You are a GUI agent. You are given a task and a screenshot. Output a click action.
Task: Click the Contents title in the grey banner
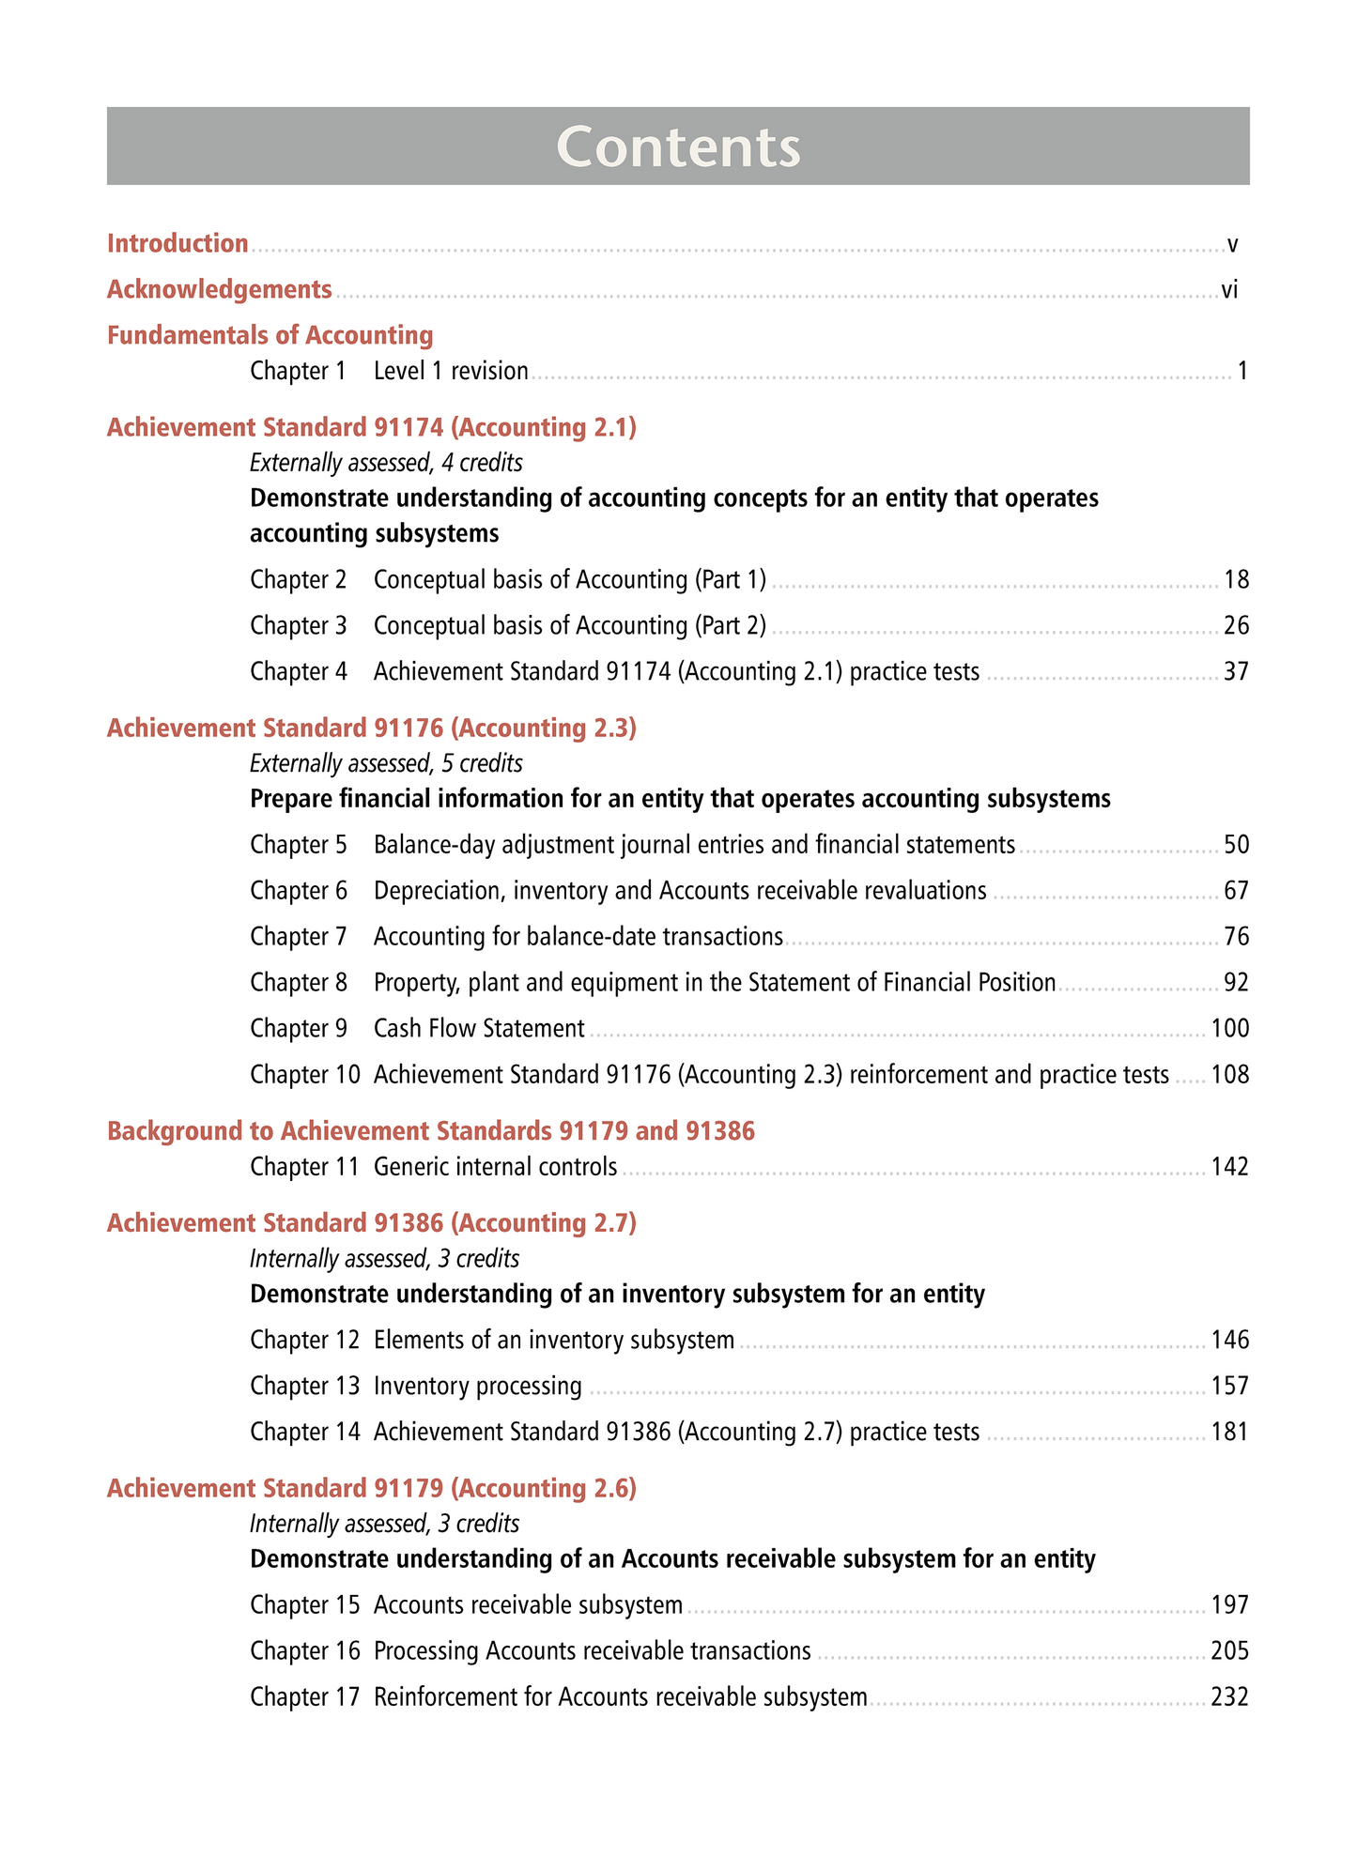click(678, 146)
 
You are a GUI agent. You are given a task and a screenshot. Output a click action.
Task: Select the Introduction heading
click(177, 243)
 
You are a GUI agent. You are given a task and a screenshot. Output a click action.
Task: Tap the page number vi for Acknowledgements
click(1229, 290)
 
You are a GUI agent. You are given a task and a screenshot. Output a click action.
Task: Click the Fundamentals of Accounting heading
click(270, 335)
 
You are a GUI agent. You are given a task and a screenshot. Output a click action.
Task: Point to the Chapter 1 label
click(298, 372)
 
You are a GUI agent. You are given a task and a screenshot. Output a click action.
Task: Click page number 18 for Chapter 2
click(1236, 580)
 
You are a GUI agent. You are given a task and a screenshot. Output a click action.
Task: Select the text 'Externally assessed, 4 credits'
click(386, 463)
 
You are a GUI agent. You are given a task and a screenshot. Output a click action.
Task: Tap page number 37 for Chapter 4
click(1236, 672)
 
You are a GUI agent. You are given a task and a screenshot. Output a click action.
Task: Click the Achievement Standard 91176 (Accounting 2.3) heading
click(372, 729)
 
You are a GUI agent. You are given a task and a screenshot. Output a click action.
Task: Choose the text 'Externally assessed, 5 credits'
click(386, 763)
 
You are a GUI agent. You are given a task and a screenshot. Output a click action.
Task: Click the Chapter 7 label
click(298, 937)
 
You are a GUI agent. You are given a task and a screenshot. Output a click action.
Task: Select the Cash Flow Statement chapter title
click(479, 1029)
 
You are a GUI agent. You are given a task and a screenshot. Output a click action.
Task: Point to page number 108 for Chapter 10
click(1230, 1075)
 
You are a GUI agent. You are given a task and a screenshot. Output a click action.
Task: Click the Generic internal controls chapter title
click(495, 1168)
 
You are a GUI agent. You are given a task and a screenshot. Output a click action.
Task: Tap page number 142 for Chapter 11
click(1230, 1168)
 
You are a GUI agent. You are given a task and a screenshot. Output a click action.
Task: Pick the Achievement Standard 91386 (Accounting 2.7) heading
click(372, 1223)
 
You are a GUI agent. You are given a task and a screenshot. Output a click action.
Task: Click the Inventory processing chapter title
click(478, 1387)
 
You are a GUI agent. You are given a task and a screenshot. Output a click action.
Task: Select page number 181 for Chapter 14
click(1230, 1433)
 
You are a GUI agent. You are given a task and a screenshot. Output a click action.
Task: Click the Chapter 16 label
click(304, 1651)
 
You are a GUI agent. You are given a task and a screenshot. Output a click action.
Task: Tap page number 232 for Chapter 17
click(1230, 1697)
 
